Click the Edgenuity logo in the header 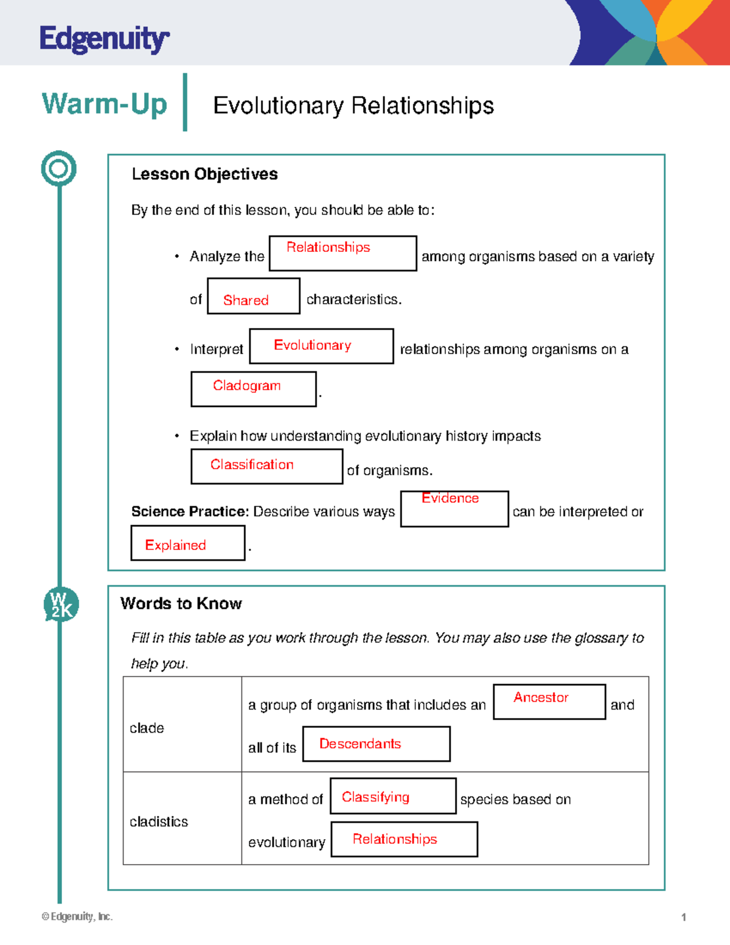(104, 40)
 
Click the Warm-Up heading (104, 103)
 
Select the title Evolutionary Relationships (353, 106)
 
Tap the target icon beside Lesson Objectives (59, 169)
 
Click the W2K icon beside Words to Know (61, 605)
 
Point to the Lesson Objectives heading (204, 174)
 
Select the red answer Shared (246, 300)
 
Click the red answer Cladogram (246, 386)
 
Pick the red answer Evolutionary (312, 345)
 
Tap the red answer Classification (252, 464)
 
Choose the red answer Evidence (450, 498)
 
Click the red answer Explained (175, 545)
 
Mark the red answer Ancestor (541, 697)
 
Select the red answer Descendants (360, 744)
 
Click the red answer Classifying (375, 797)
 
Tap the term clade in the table (147, 728)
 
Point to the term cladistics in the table (159, 822)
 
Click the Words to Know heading (181, 604)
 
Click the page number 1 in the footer (684, 917)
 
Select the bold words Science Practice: (190, 512)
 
